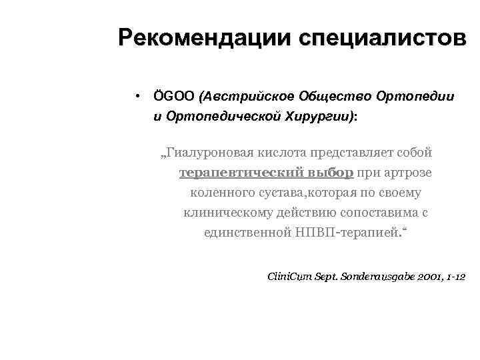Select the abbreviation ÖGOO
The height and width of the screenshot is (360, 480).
[173, 96]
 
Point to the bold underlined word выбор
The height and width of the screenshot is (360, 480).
[330, 173]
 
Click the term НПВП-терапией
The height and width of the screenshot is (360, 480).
[350, 233]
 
